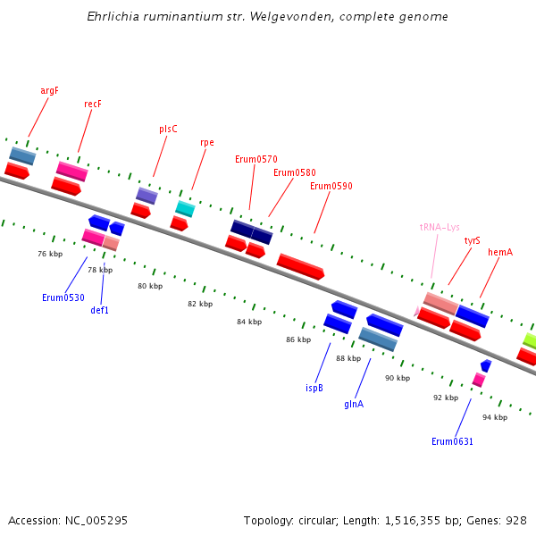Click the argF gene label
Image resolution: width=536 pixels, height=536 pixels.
49,90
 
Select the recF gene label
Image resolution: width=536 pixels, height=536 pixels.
93,104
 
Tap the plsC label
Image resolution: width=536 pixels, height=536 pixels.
168,129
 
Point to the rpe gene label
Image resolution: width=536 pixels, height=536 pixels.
207,142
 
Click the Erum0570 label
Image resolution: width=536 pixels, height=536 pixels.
255,159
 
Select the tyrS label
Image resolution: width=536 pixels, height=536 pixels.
472,240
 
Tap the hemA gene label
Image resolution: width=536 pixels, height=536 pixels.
500,252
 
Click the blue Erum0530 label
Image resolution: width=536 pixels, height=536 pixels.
63,297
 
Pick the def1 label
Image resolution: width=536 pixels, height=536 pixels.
100,310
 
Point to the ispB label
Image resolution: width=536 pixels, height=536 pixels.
314,388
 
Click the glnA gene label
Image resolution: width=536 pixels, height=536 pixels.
354,404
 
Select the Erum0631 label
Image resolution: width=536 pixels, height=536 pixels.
452,441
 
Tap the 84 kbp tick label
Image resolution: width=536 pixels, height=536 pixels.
249,322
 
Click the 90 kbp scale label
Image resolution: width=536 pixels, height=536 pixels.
398,378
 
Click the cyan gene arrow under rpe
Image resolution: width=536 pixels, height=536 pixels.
185,209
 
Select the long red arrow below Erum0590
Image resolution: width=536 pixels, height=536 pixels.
300,265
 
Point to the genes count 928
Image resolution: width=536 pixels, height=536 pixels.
515,520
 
